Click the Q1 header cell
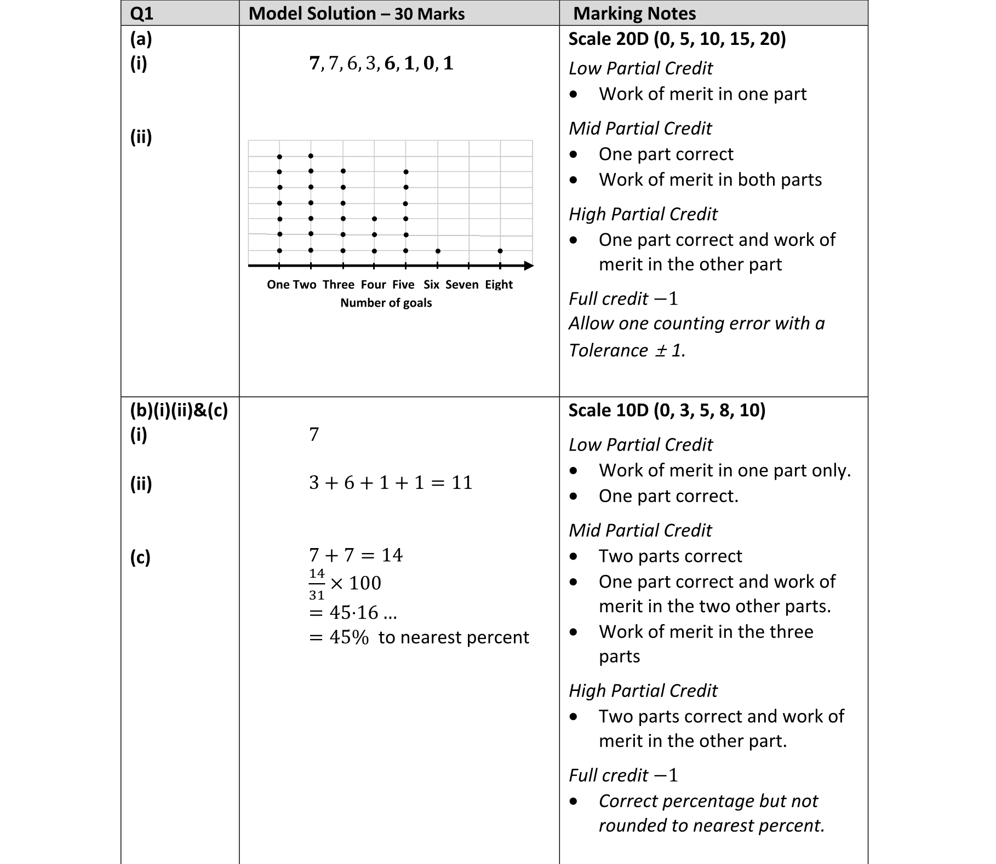pyautogui.click(x=141, y=14)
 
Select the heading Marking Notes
pyautogui.click(x=634, y=14)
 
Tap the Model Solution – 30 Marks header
pyautogui.click(x=356, y=14)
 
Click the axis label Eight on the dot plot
pyautogui.click(x=499, y=285)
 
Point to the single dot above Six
pyautogui.click(x=438, y=251)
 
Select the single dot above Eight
pyautogui.click(x=500, y=251)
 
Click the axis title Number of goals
pyautogui.click(x=386, y=303)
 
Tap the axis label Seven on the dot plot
pyautogui.click(x=462, y=285)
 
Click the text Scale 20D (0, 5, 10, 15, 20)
pyautogui.click(x=677, y=39)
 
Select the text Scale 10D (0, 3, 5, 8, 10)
pyautogui.click(x=666, y=410)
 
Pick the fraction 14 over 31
pyautogui.click(x=317, y=584)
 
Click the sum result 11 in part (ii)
pyautogui.click(x=462, y=482)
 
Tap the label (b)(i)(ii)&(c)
pyautogui.click(x=179, y=410)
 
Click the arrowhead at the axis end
pyautogui.click(x=529, y=266)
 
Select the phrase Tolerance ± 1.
pyautogui.click(x=627, y=350)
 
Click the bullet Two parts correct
pyautogui.click(x=670, y=556)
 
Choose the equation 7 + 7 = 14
pyautogui.click(x=356, y=555)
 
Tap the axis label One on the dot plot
pyautogui.click(x=278, y=285)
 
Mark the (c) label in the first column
pyautogui.click(x=140, y=557)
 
